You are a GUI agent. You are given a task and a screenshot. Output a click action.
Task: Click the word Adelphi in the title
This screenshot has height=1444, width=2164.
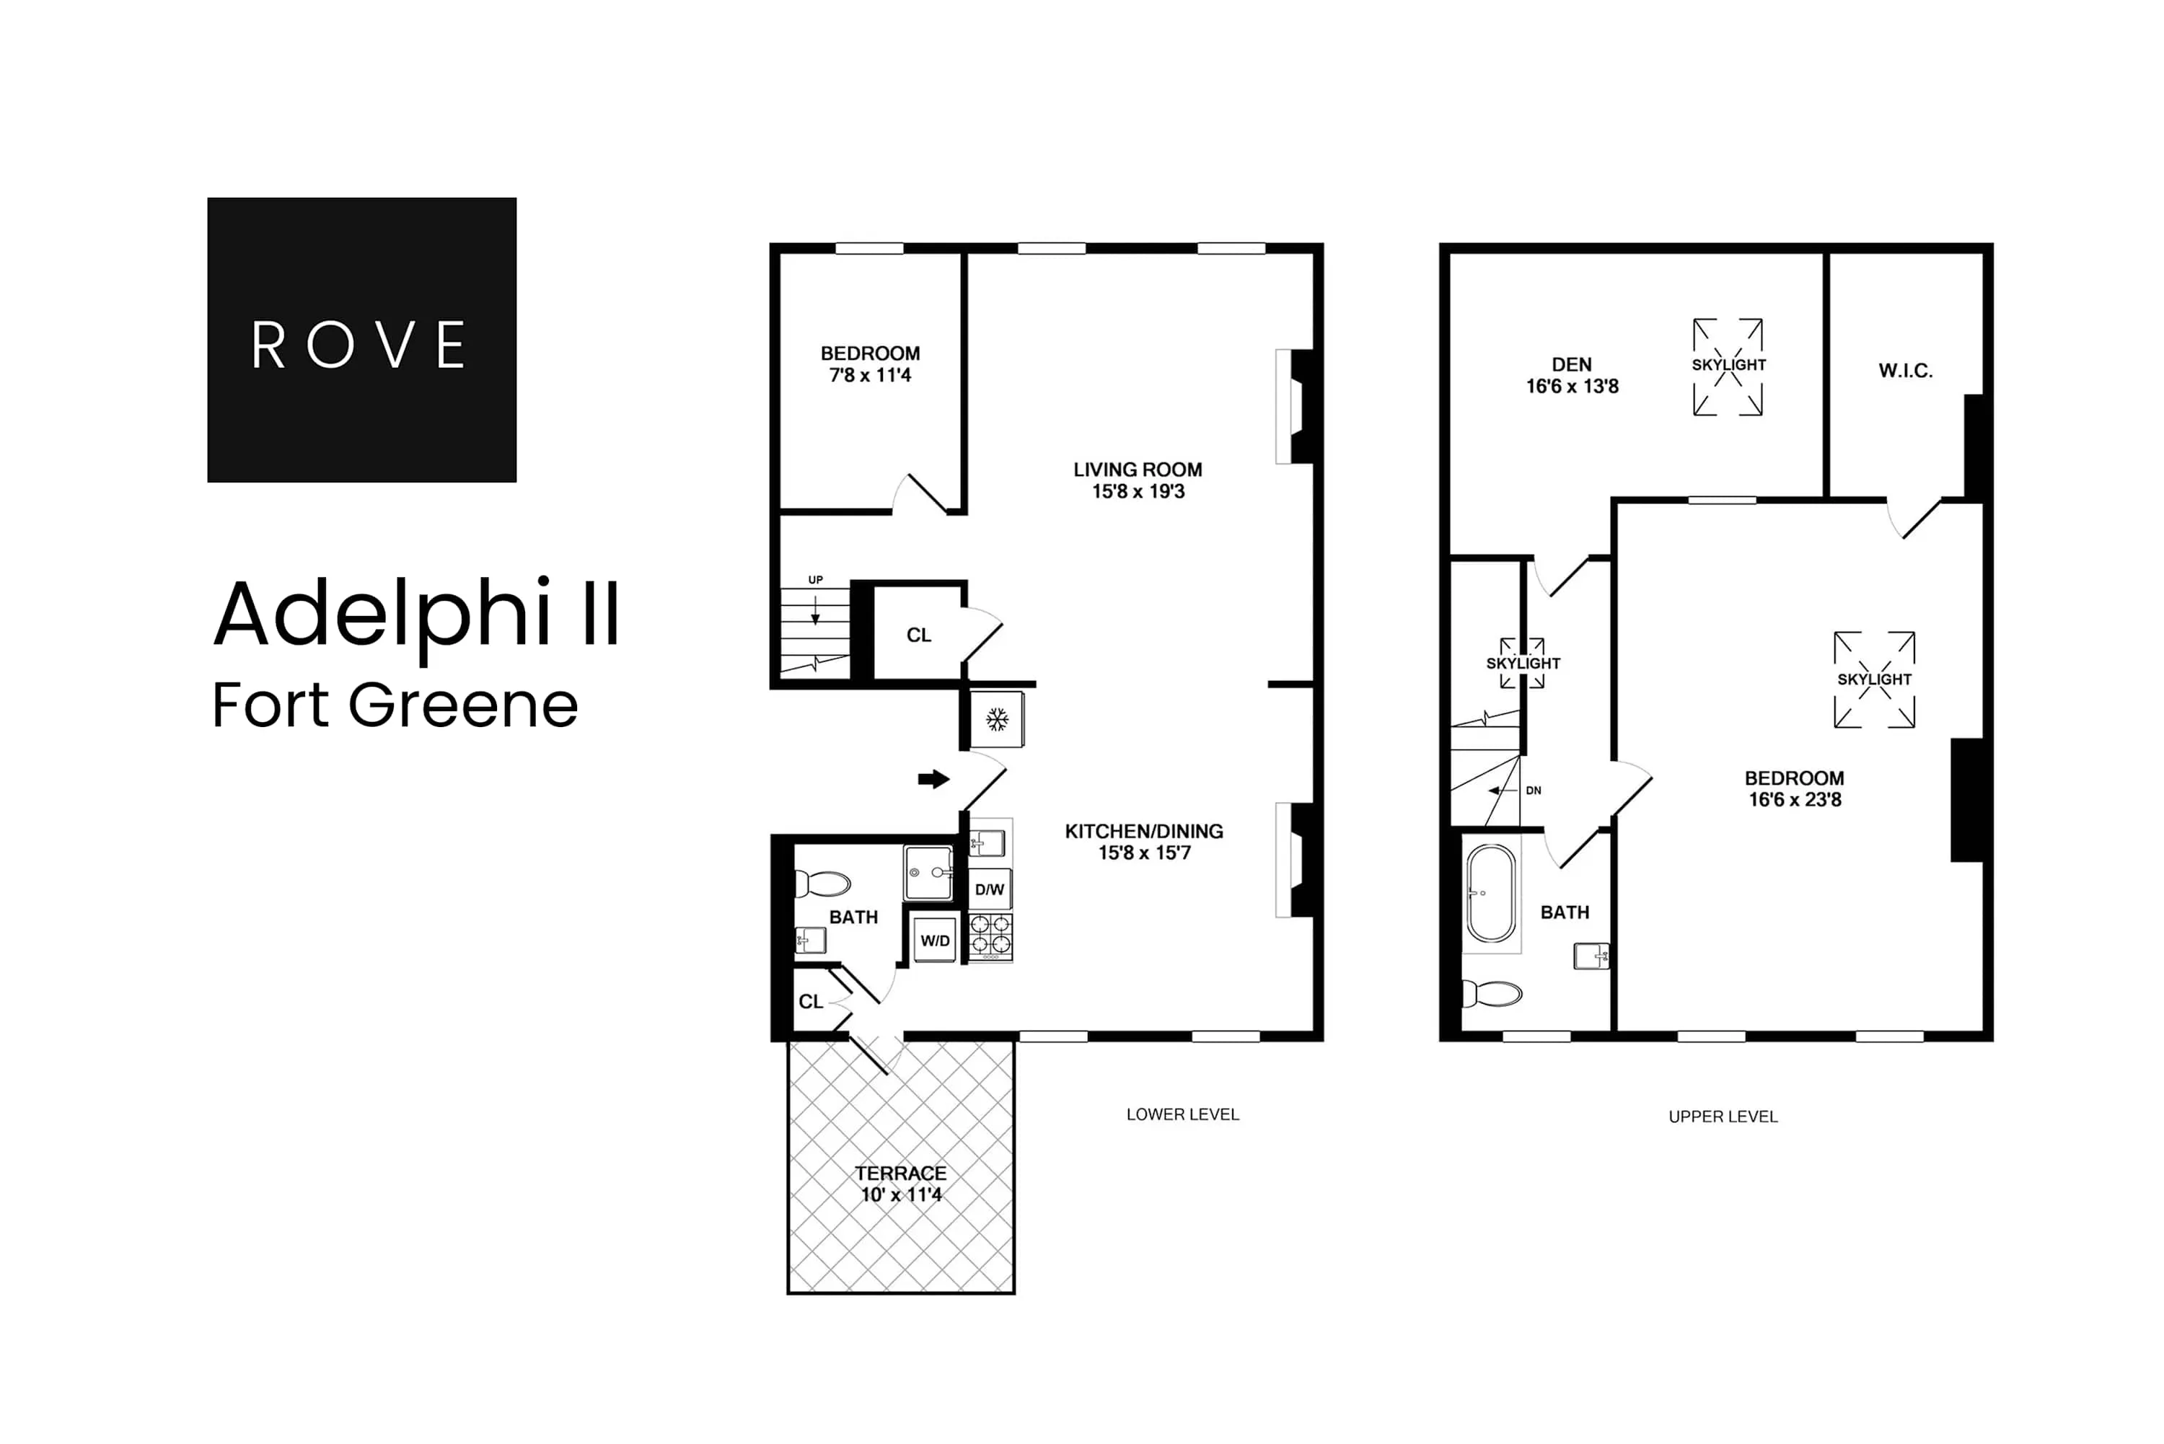tap(382, 615)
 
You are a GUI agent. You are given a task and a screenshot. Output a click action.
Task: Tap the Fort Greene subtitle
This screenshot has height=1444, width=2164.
tap(395, 705)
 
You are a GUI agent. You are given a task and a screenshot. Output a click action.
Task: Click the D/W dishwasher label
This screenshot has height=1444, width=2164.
tap(989, 889)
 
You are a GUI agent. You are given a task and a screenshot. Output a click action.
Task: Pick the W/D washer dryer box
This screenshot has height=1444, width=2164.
tap(935, 941)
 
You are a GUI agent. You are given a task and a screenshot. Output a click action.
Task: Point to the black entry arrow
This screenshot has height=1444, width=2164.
tap(933, 779)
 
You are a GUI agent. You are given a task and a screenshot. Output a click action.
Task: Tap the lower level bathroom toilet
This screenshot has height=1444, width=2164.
tap(822, 884)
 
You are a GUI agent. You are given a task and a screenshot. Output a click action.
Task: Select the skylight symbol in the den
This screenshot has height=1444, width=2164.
tap(1728, 366)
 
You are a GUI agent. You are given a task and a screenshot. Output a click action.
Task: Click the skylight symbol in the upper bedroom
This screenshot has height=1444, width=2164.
tap(1874, 679)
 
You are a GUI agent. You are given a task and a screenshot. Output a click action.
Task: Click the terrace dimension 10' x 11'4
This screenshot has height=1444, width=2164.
tap(901, 1195)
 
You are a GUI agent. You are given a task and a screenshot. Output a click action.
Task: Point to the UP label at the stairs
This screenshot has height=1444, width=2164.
tap(815, 580)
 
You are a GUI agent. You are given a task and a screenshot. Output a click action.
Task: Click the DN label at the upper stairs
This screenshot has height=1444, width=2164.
tap(1534, 790)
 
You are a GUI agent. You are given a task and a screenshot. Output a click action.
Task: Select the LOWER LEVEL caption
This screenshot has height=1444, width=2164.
tap(1182, 1114)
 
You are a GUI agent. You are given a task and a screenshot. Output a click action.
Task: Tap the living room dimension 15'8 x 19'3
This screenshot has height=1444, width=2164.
tap(1138, 492)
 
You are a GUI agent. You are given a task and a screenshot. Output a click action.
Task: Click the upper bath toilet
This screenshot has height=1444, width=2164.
tap(1492, 995)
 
